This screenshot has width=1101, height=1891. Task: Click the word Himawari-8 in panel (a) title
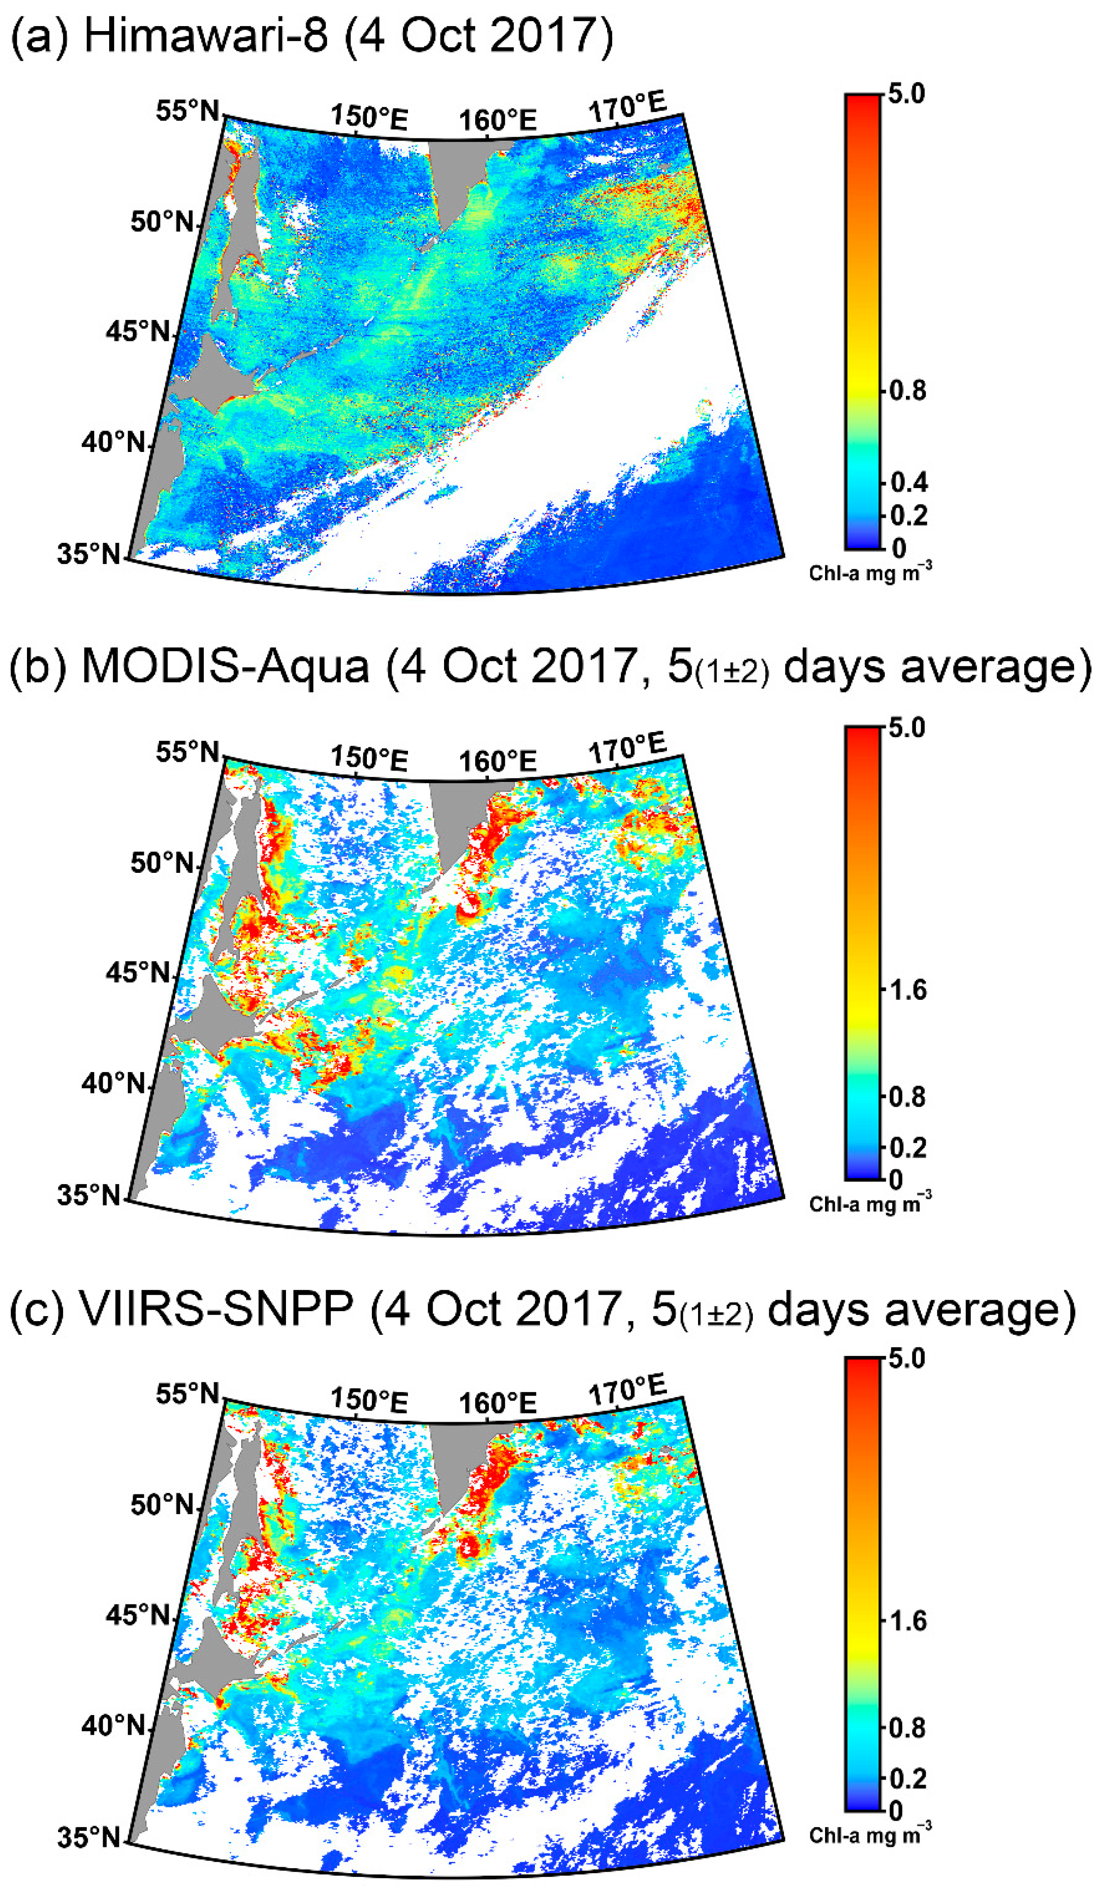pos(206,35)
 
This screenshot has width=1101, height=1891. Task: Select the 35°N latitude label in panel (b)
pos(89,1195)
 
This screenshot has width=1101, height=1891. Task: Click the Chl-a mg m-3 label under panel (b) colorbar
pos(870,1204)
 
